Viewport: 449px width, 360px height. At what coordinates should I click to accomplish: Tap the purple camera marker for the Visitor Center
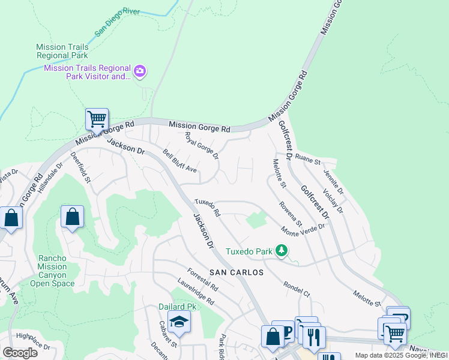click(x=140, y=72)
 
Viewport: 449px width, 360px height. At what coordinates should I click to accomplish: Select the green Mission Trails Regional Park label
click(x=62, y=51)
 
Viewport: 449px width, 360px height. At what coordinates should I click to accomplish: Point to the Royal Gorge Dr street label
click(x=201, y=146)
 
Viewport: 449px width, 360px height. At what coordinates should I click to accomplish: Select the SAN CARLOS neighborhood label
click(x=237, y=272)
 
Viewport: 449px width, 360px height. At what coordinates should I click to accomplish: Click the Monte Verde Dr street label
click(x=303, y=228)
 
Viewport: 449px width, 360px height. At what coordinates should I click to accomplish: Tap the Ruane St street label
click(x=309, y=161)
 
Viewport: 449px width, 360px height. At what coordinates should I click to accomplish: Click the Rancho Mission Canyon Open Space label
click(x=56, y=271)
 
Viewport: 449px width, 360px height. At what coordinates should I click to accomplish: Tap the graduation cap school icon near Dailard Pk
click(x=178, y=323)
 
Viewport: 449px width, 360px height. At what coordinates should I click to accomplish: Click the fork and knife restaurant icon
click(x=313, y=336)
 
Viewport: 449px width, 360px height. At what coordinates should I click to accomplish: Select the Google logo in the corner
click(x=20, y=353)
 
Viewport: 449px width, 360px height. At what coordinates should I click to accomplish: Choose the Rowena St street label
click(x=290, y=214)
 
